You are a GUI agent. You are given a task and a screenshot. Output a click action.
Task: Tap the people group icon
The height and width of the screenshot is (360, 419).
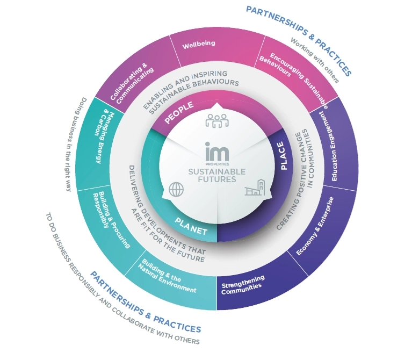[217, 121]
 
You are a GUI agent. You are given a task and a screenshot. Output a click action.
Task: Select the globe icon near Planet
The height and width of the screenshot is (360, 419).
[176, 190]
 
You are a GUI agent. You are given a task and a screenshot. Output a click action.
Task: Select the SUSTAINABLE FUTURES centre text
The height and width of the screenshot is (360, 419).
[216, 175]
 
